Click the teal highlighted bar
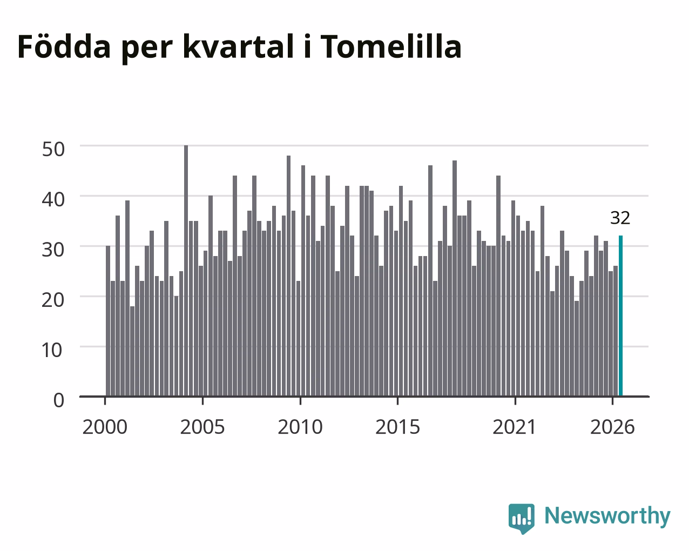pyautogui.click(x=620, y=316)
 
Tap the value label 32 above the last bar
pyautogui.click(x=620, y=218)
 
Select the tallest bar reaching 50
pyautogui.click(x=186, y=271)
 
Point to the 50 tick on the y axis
pyautogui.click(x=53, y=149)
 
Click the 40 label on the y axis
pyautogui.click(x=53, y=199)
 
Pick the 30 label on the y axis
pyautogui.click(x=53, y=250)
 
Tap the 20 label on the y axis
pyautogui.click(x=53, y=300)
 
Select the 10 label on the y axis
pyautogui.click(x=52, y=351)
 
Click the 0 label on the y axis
pyautogui.click(x=59, y=400)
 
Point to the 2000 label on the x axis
pyautogui.click(x=105, y=427)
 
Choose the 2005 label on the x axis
pyautogui.click(x=202, y=427)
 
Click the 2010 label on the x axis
pyautogui.click(x=300, y=427)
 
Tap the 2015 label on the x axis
pyautogui.click(x=397, y=427)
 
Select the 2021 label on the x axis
pyautogui.click(x=515, y=427)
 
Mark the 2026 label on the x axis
pyautogui.click(x=612, y=427)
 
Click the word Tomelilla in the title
pyautogui.click(x=391, y=46)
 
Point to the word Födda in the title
pyautogui.click(x=64, y=46)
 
